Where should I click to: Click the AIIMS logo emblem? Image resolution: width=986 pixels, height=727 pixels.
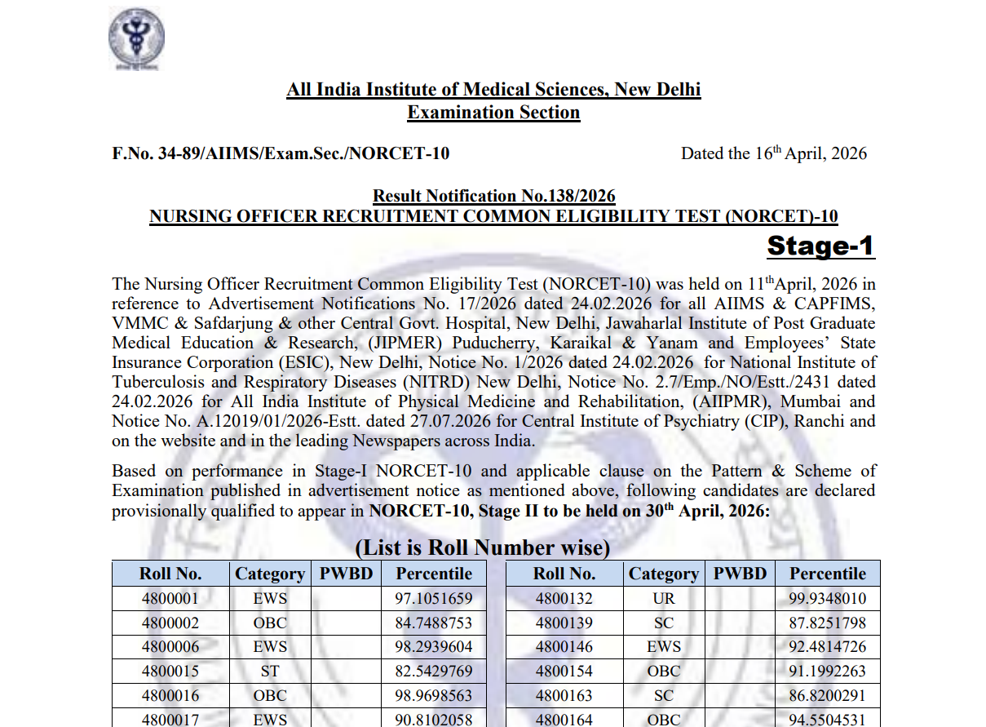point(136,37)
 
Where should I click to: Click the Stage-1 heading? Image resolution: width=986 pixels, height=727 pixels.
point(820,246)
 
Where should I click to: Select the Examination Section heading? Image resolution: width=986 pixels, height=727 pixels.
point(493,113)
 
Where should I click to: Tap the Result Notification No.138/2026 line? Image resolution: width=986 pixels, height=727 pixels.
point(493,196)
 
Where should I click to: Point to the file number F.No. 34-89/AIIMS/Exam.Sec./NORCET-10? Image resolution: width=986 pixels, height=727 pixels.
point(281,153)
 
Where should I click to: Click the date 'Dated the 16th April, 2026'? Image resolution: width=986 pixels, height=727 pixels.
point(774,153)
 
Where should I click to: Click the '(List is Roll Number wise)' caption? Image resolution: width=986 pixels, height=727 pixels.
point(483,547)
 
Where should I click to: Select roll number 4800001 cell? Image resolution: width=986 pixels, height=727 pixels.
point(170,599)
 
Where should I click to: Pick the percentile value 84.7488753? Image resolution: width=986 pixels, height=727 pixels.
point(433,623)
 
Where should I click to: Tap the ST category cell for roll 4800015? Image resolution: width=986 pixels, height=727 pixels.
point(270,672)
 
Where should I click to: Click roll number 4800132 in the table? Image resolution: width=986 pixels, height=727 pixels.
point(564,599)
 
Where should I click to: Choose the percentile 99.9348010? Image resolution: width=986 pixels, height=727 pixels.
point(827,599)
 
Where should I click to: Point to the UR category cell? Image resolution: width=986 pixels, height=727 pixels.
point(663,599)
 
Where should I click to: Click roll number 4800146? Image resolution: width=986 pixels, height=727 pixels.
point(564,647)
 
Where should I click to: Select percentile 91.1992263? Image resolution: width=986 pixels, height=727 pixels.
point(827,672)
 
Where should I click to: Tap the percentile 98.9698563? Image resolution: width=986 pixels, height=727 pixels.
point(433,696)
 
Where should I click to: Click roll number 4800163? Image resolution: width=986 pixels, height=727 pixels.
point(564,696)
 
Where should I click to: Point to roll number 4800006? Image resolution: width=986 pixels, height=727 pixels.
point(170,647)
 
